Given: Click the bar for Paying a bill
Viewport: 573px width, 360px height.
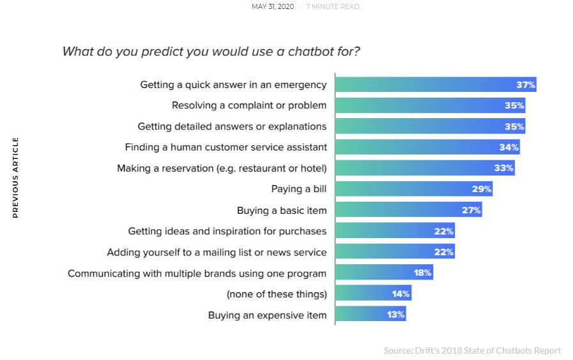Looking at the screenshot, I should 413,189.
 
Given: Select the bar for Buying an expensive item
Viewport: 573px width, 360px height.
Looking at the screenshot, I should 370,315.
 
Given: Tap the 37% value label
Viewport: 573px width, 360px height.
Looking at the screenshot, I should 526,84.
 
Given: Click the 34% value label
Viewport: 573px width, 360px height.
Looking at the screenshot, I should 510,147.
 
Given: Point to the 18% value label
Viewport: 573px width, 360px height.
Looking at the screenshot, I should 422,273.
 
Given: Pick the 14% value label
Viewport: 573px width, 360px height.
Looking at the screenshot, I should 401,294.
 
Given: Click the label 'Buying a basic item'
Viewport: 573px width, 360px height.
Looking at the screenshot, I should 282,210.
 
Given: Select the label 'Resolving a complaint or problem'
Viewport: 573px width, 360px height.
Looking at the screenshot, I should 249,105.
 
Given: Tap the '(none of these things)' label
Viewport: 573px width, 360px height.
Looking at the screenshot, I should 277,294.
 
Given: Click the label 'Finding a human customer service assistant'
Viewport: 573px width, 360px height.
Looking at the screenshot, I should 225,147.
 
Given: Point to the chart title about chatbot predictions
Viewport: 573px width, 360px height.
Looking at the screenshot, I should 211,51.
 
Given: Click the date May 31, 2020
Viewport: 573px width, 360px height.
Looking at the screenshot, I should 273,7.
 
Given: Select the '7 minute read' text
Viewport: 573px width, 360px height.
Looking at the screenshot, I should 332,7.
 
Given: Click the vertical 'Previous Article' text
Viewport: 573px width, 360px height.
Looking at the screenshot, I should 16,177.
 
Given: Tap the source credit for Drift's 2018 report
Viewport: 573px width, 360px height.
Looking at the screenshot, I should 472,350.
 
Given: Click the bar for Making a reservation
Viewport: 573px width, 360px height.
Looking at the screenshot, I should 424,168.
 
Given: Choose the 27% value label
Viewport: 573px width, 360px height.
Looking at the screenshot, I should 471,210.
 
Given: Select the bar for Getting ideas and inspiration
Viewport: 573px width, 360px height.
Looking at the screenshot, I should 395,231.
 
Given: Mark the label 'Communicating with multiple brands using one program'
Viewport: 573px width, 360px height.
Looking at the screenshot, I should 197,273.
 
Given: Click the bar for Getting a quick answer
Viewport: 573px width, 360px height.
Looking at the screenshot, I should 435,84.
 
